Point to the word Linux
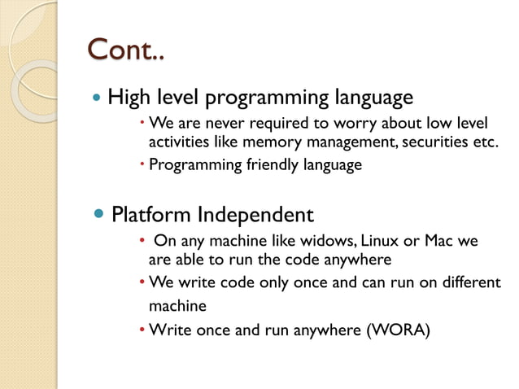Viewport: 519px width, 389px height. click(x=379, y=242)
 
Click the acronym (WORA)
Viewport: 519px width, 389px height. click(x=396, y=330)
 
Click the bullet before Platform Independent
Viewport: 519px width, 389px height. click(x=99, y=215)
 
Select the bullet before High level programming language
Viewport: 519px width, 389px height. click(x=98, y=98)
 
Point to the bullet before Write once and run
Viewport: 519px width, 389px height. click(x=142, y=330)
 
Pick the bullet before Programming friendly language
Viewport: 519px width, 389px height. click(x=142, y=165)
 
